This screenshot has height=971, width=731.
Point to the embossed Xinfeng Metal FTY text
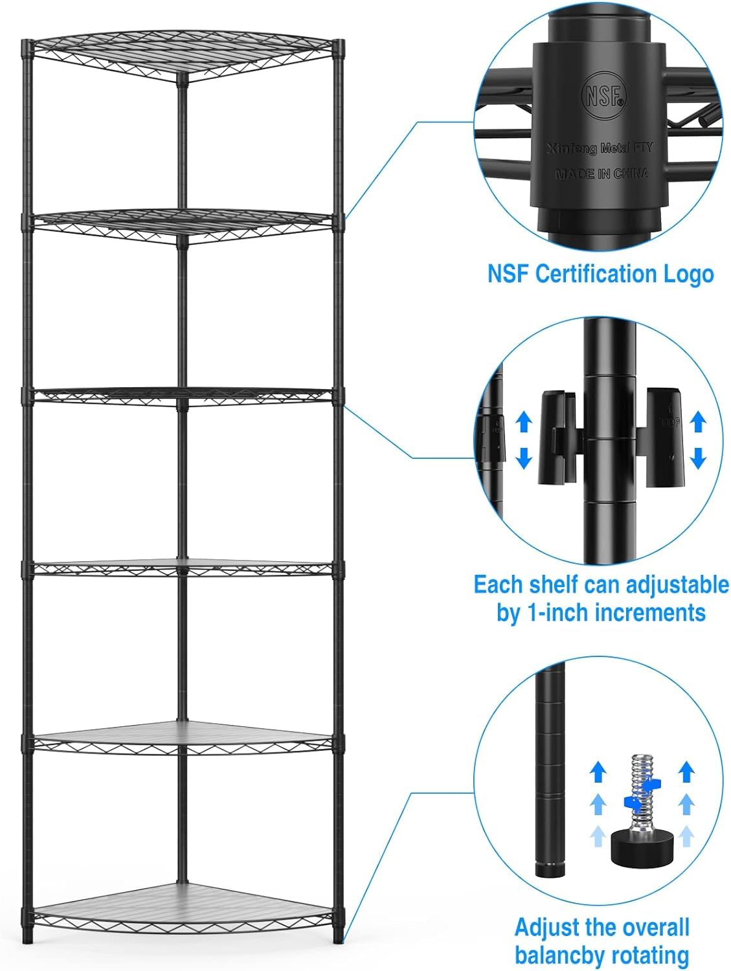[x=599, y=148]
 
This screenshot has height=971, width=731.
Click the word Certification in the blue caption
[x=601, y=274]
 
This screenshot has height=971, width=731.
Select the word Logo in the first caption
[x=688, y=274]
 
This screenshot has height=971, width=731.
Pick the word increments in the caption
[x=650, y=612]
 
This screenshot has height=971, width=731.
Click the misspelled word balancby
[x=563, y=955]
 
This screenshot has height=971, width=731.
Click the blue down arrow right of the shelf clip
[x=697, y=458]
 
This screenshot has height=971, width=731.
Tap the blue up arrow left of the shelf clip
[x=523, y=423]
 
